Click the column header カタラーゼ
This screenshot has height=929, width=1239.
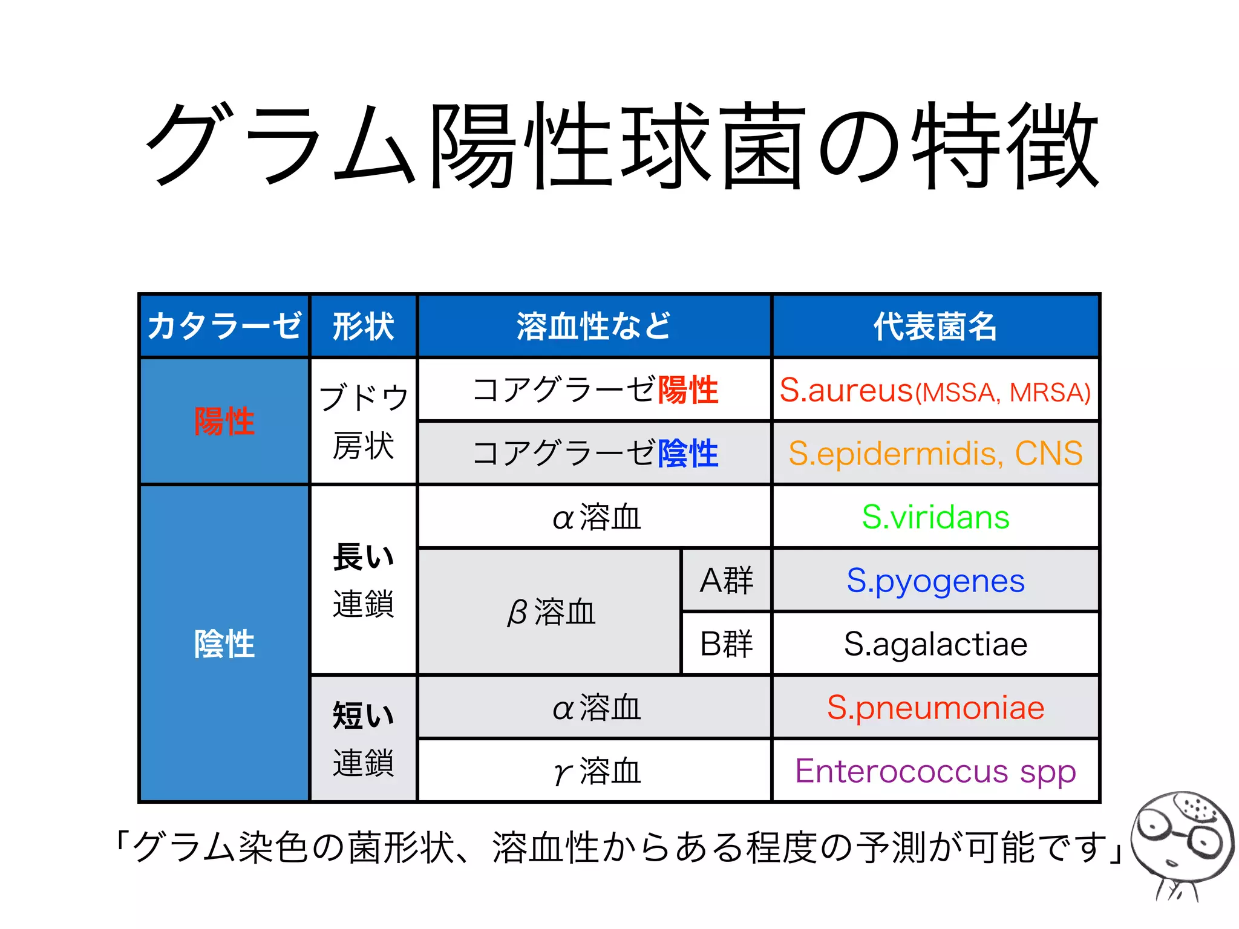pos(224,326)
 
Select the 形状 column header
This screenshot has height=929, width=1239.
pos(363,326)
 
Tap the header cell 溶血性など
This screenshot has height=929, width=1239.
pos(594,326)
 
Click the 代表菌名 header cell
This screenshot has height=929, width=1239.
pos(935,326)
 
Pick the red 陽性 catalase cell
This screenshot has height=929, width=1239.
pos(224,421)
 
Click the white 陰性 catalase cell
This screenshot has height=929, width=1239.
pos(224,644)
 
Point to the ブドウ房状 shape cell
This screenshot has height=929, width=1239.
pos(363,422)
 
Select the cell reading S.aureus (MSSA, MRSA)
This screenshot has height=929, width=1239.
pos(935,390)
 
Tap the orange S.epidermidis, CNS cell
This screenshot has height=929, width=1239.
pos(935,453)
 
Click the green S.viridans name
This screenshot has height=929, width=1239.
pos(935,517)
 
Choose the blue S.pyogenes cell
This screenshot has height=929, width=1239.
pos(935,581)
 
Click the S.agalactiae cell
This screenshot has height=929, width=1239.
pos(935,644)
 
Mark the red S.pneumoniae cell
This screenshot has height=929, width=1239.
pos(935,708)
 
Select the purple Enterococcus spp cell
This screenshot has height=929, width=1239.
pos(935,771)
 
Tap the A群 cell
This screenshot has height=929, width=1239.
pos(726,581)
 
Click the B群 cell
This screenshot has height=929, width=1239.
pos(726,644)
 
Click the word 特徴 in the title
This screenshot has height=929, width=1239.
pos(1004,145)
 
